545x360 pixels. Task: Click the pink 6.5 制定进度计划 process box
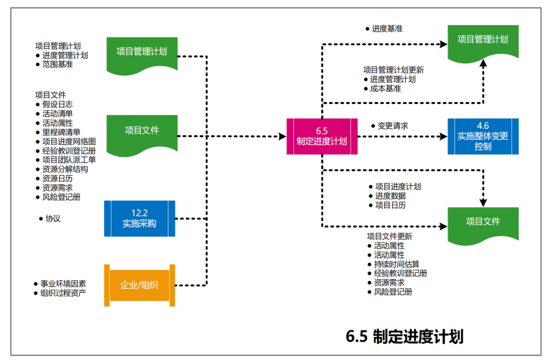pyautogui.click(x=322, y=136)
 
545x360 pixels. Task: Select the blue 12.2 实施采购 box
pyautogui.click(x=139, y=219)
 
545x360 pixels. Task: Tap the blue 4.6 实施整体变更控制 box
pyautogui.click(x=483, y=136)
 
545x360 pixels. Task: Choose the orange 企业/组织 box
pyautogui.click(x=139, y=285)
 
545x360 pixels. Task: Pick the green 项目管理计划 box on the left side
pyautogui.click(x=142, y=52)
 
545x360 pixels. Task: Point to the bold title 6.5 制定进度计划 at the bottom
pyautogui.click(x=404, y=337)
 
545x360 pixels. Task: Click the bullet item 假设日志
pyautogui.click(x=58, y=104)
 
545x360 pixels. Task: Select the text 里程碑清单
pyautogui.click(x=61, y=132)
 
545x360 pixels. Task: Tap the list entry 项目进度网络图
pyautogui.click(x=69, y=141)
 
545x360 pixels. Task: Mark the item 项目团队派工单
pyautogui.click(x=69, y=160)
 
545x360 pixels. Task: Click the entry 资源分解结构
pyautogui.click(x=65, y=169)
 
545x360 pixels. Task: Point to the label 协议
pyautogui.click(x=53, y=219)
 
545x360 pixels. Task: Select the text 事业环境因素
pyautogui.click(x=63, y=283)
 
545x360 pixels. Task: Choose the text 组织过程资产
pyautogui.click(x=63, y=292)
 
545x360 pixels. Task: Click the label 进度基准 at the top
pyautogui.click(x=387, y=29)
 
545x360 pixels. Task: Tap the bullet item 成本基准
pyautogui.click(x=386, y=88)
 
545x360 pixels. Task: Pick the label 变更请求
pyautogui.click(x=393, y=126)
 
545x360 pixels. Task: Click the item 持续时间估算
pyautogui.click(x=397, y=264)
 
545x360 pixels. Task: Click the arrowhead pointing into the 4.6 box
pyautogui.click(x=443, y=136)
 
